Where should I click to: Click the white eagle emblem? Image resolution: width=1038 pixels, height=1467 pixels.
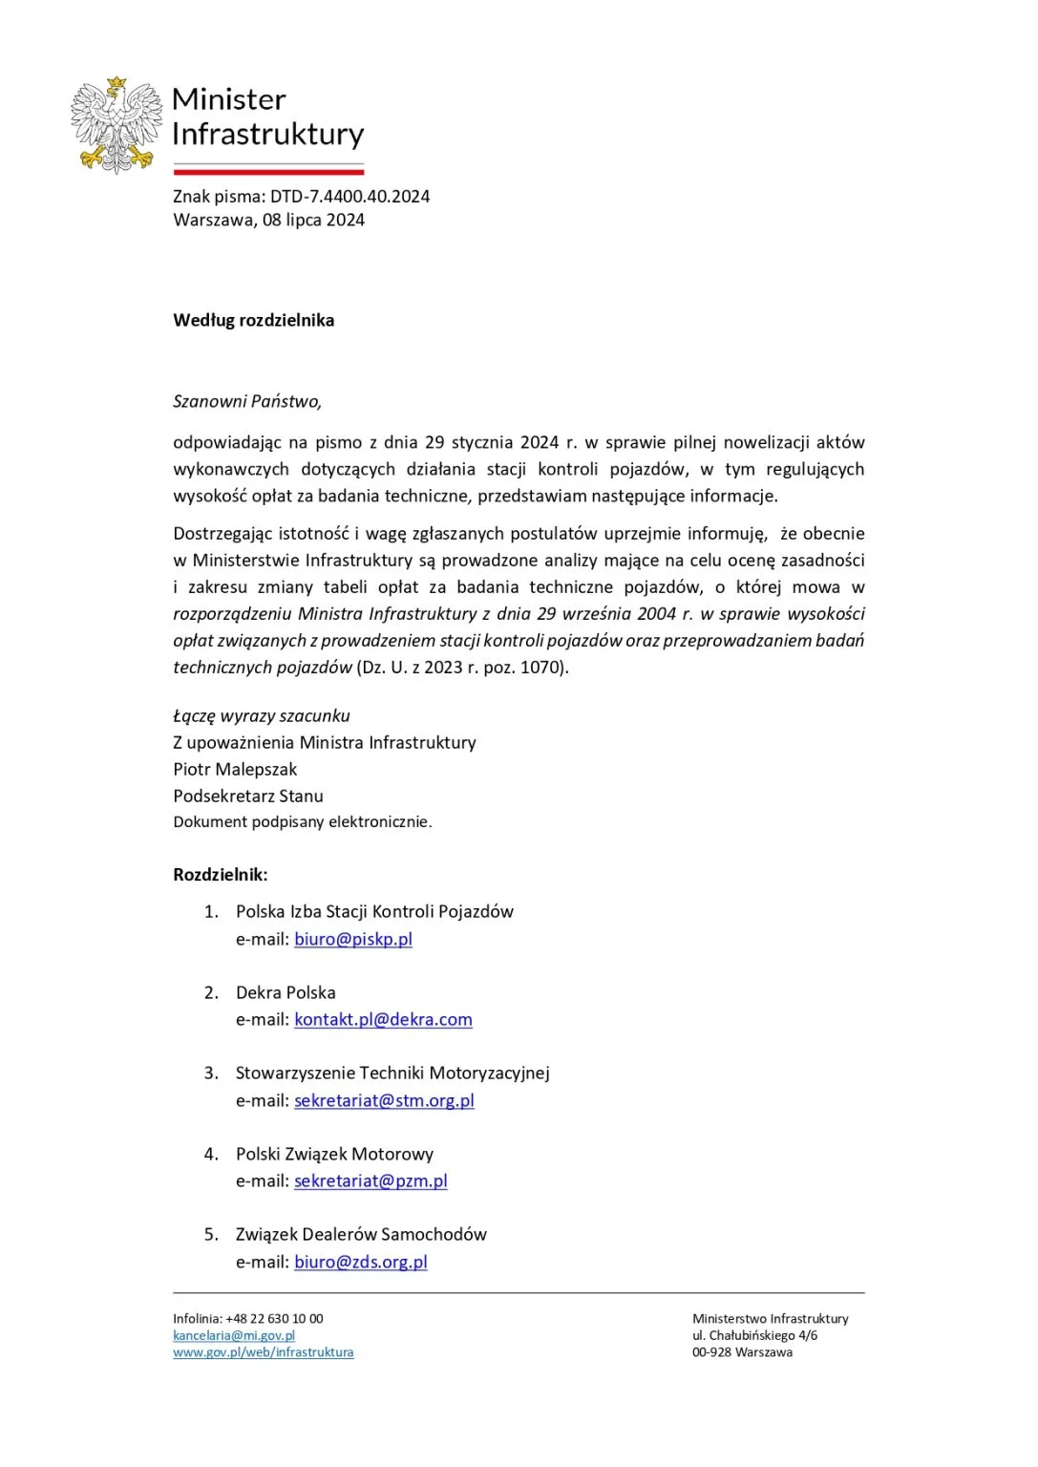(117, 125)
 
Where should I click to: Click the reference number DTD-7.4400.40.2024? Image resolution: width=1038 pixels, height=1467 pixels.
(350, 197)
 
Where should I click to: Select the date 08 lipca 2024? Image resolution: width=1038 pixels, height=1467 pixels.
(313, 220)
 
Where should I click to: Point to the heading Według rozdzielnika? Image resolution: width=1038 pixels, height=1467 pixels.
(253, 320)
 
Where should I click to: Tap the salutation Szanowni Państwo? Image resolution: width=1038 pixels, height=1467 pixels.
(246, 401)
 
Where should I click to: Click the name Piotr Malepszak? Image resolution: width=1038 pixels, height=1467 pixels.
(235, 769)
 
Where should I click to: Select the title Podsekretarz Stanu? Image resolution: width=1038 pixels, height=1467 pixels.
(248, 796)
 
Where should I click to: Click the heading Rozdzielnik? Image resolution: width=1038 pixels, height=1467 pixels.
(221, 874)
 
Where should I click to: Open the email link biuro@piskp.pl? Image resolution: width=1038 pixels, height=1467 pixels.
(353, 939)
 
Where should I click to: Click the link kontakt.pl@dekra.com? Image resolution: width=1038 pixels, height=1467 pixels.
(383, 1019)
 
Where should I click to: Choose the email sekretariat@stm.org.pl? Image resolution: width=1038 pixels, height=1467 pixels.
(384, 1100)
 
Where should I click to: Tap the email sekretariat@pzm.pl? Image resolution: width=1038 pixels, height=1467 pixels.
(371, 1180)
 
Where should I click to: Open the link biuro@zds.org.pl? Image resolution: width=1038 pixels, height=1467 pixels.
(361, 1262)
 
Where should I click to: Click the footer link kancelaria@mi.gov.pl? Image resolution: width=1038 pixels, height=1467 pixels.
(234, 1335)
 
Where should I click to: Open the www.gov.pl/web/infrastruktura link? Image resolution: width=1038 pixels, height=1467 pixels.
(263, 1352)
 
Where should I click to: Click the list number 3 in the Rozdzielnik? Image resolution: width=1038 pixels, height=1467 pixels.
(211, 1073)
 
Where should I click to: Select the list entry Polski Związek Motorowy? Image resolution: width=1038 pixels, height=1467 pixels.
(334, 1154)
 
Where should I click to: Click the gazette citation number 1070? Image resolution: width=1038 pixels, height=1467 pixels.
(541, 667)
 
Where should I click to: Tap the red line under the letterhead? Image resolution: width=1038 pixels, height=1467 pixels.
(268, 173)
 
